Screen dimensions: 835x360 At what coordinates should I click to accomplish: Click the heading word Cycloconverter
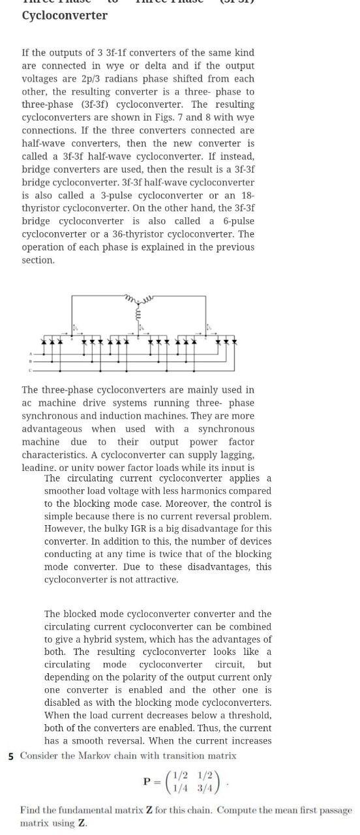click(65, 15)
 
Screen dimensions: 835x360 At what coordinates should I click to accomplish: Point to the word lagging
click(235, 454)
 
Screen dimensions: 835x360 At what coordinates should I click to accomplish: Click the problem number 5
click(11, 756)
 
